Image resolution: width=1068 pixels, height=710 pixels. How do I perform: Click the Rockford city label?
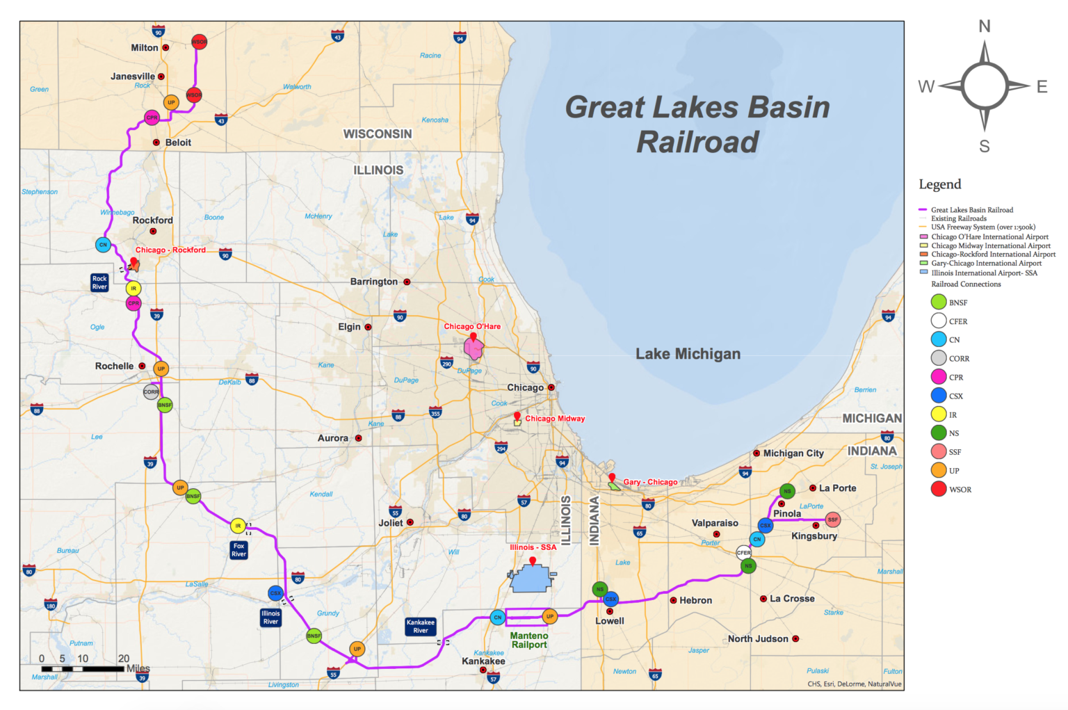[x=152, y=220]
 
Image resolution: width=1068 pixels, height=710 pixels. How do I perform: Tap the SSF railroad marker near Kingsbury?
[x=833, y=519]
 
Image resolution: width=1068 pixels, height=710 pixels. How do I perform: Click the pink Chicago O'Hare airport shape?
[x=474, y=348]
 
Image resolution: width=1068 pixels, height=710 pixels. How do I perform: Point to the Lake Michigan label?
[x=688, y=354]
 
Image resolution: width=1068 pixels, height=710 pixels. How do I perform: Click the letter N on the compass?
[x=985, y=26]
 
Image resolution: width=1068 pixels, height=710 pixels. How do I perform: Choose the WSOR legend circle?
[x=939, y=489]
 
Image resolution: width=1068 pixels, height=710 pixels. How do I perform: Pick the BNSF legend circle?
[x=939, y=302]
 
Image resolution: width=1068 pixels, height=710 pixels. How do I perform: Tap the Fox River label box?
[x=238, y=550]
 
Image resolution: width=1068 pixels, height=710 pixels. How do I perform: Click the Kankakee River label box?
[x=421, y=627]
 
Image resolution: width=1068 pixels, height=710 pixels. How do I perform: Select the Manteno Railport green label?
[x=529, y=640]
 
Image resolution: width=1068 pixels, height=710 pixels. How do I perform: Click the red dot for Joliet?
[x=410, y=522]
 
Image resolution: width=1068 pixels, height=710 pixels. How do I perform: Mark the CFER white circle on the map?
[x=743, y=553]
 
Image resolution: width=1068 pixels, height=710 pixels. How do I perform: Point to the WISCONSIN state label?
[x=378, y=134]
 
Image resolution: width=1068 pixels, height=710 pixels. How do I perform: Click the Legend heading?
[x=939, y=184]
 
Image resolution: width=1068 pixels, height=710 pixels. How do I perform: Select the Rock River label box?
[x=99, y=282]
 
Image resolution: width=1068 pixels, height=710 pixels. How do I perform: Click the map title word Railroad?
[x=697, y=142]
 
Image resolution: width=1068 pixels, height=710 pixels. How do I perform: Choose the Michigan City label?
[x=793, y=453]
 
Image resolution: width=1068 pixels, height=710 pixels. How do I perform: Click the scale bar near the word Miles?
[x=83, y=669]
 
